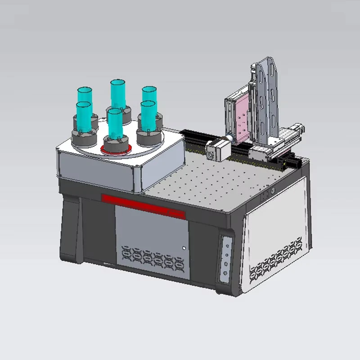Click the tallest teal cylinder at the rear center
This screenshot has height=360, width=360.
pos(117,94)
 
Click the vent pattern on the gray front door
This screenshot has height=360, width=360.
pos(150,257)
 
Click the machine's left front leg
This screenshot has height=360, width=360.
pos(71,234)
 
